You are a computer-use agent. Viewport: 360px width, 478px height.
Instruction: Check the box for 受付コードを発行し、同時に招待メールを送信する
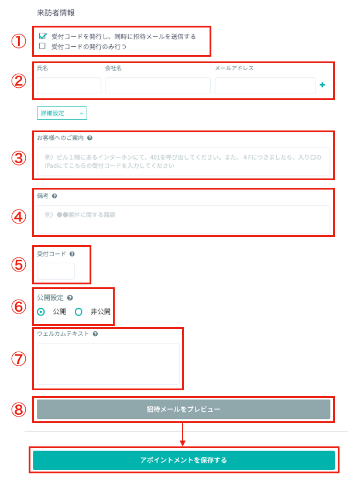[42, 36]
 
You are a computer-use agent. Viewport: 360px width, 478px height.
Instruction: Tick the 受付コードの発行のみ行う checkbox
[42, 46]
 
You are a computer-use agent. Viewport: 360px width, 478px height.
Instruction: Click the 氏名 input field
[69, 85]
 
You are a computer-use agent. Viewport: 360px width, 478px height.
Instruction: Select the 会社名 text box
[157, 85]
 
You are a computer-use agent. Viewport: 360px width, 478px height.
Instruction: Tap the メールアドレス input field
[265, 85]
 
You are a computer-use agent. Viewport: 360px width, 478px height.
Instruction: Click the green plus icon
[322, 85]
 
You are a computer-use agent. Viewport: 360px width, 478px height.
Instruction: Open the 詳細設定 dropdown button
[62, 113]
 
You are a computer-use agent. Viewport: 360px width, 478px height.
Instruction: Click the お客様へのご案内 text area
[183, 161]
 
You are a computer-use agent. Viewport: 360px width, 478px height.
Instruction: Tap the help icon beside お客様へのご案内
[90, 138]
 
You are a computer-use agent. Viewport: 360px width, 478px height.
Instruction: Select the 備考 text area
[183, 219]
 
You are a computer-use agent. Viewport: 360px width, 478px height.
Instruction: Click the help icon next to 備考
[54, 196]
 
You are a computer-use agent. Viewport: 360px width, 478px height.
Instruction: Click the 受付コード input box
[56, 271]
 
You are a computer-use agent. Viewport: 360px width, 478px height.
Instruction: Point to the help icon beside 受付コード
[72, 254]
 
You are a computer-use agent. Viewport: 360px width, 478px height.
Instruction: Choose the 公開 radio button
[40, 312]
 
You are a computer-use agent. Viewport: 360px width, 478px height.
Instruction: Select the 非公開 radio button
[78, 312]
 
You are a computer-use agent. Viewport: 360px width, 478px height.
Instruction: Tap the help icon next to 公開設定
[70, 298]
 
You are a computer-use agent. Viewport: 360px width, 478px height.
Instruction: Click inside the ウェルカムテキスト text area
[108, 364]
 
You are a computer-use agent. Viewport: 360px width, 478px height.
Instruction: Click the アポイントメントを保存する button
[184, 460]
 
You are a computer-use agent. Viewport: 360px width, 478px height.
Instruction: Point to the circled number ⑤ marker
[19, 264]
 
